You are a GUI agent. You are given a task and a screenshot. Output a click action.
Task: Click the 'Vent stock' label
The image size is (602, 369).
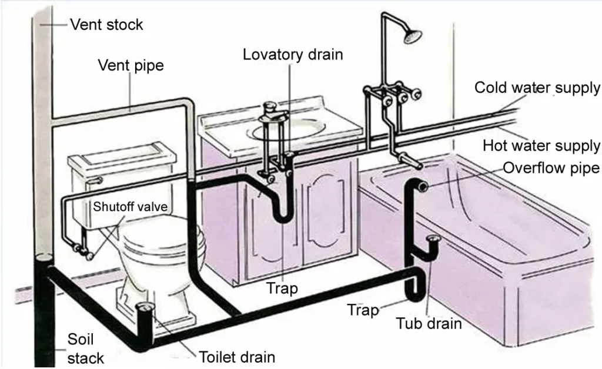[x=106, y=25]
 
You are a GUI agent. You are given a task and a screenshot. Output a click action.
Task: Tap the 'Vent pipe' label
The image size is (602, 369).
[x=131, y=65]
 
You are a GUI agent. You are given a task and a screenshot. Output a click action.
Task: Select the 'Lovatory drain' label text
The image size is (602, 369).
[x=293, y=55]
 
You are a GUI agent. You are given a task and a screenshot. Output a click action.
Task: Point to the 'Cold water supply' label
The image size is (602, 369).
[x=537, y=88]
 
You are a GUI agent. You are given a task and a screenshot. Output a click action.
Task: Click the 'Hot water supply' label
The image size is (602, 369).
[x=541, y=146]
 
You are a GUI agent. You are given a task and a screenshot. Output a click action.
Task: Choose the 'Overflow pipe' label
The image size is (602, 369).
[x=551, y=168]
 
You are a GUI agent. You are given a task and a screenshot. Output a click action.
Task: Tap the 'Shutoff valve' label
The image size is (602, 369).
[x=130, y=207]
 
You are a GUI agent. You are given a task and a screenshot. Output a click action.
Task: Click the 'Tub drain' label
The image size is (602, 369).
[x=429, y=323]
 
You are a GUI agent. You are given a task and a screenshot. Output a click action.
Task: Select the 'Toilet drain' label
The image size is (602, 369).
[x=237, y=357]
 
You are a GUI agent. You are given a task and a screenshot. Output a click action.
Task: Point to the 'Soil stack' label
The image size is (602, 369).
[x=85, y=348]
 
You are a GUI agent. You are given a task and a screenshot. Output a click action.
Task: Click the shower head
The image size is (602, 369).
[x=412, y=36]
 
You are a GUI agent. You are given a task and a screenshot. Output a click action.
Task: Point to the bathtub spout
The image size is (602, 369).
[x=411, y=160]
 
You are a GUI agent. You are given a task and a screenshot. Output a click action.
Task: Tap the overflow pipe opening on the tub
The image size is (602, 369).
[x=423, y=187]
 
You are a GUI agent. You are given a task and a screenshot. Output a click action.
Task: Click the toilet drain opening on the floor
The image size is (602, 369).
[x=145, y=307]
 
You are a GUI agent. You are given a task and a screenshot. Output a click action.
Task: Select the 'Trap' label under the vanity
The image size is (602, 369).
[x=282, y=288]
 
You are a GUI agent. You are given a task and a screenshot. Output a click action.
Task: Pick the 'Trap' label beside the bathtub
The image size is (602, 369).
[x=363, y=310]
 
